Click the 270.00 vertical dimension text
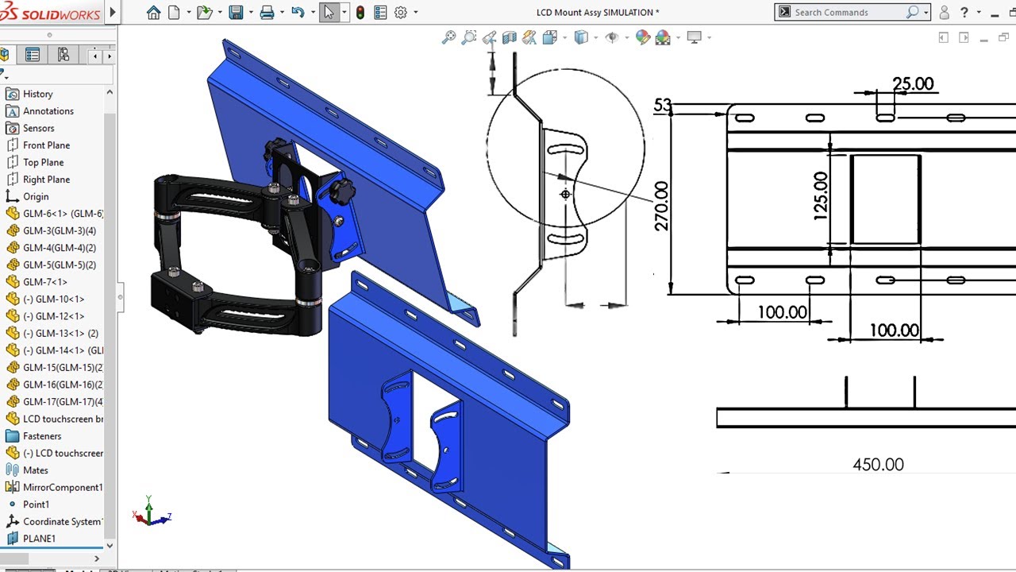[x=661, y=206]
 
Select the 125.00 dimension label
[x=820, y=195]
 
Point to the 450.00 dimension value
[x=878, y=465]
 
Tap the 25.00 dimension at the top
[x=913, y=83]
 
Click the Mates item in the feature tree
[x=35, y=470]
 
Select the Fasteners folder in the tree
[x=41, y=436]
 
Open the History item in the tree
[x=37, y=94]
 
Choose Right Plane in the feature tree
[x=46, y=180]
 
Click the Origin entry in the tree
[x=36, y=196]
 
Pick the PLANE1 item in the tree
[x=39, y=539]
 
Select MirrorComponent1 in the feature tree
[x=63, y=487]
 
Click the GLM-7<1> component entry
[x=44, y=282]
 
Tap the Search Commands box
[x=845, y=12]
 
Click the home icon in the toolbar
[x=153, y=13]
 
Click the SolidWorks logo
[x=52, y=13]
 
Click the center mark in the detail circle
[x=565, y=194]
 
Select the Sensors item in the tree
[x=38, y=128]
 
